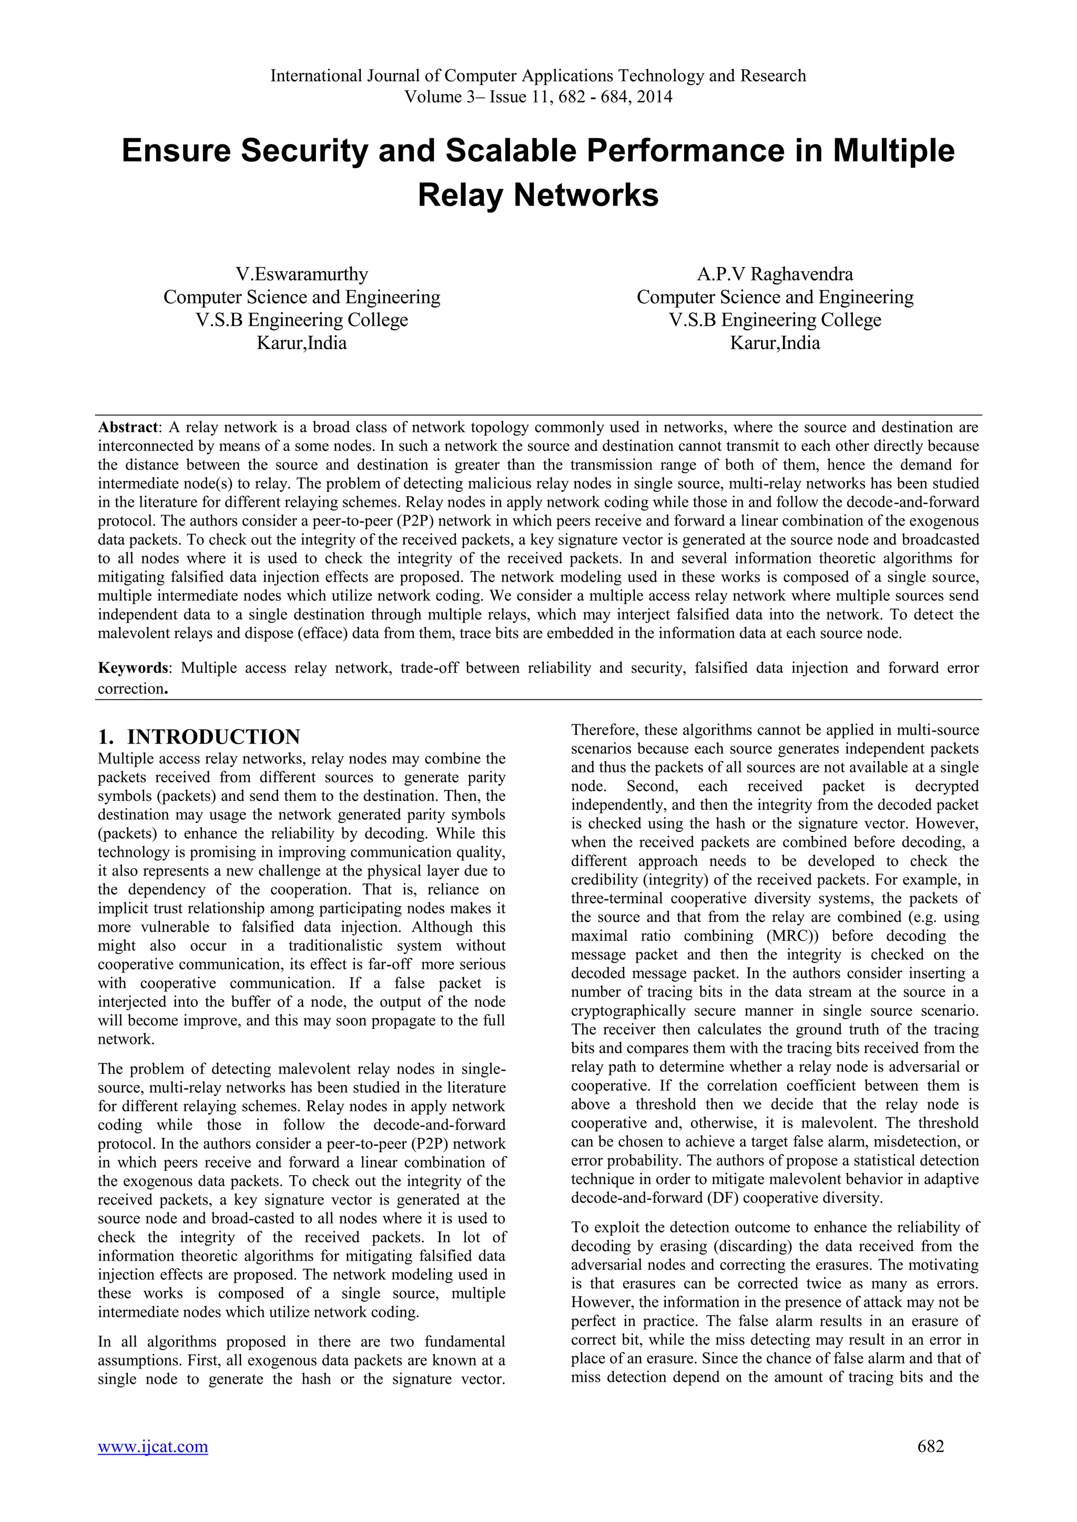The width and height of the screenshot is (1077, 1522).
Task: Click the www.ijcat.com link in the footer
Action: pyautogui.click(x=153, y=1465)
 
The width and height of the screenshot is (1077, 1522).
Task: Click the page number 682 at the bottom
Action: pyautogui.click(x=930, y=1465)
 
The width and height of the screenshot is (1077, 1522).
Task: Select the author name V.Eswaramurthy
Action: pyautogui.click(x=302, y=274)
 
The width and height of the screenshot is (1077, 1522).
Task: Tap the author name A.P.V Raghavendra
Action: pyautogui.click(x=775, y=274)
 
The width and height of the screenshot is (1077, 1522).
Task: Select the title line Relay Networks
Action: pyautogui.click(x=538, y=196)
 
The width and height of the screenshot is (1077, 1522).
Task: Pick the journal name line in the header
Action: pyautogui.click(x=538, y=76)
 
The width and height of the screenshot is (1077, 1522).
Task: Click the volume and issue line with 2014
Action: pyautogui.click(x=538, y=97)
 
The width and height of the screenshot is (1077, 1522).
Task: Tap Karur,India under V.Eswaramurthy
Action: pyautogui.click(x=302, y=343)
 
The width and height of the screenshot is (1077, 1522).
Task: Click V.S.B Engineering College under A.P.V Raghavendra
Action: pyautogui.click(x=775, y=320)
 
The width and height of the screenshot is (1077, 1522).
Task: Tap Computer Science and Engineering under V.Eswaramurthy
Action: pyautogui.click(x=302, y=297)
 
